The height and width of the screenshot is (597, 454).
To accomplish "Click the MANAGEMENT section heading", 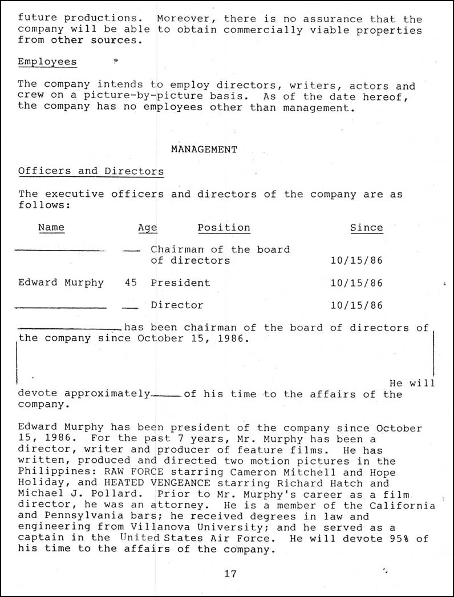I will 204,150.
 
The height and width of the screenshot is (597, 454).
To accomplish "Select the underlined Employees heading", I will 47,62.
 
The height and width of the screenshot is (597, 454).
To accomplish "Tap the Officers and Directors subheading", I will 91,171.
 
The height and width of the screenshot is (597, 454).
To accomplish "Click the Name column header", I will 51,227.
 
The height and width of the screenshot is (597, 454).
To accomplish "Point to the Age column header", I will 148,228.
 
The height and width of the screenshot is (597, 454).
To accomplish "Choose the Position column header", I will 224,227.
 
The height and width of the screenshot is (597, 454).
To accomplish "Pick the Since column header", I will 366,227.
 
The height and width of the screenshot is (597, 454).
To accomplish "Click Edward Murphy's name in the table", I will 61,283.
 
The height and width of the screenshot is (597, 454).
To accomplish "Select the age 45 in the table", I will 131,283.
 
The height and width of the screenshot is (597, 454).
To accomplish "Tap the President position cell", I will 180,283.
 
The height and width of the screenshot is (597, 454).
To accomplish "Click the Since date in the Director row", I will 356,305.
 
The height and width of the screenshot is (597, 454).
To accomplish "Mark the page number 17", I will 230,574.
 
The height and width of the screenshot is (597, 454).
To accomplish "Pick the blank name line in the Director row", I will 60,308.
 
